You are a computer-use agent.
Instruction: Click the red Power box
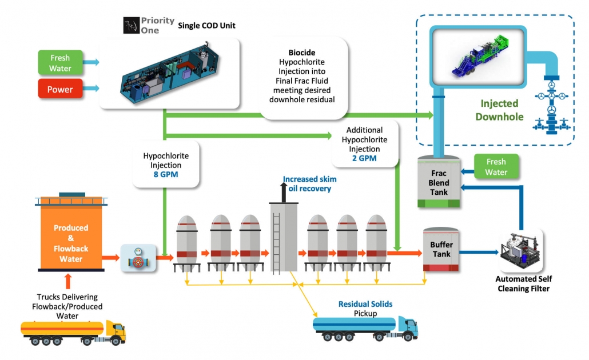click(x=61, y=89)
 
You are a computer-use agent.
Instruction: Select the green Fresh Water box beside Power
click(x=61, y=63)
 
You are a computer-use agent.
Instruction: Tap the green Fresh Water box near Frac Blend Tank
click(x=496, y=167)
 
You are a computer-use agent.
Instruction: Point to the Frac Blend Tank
click(x=439, y=183)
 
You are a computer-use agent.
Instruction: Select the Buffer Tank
click(x=441, y=250)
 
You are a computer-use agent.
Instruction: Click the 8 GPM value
click(x=166, y=175)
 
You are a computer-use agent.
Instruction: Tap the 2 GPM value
click(x=364, y=158)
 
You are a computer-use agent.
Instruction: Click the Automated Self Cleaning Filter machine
click(x=521, y=251)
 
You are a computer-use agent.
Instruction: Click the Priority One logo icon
click(x=131, y=26)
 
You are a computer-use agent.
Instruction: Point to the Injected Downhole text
click(x=499, y=110)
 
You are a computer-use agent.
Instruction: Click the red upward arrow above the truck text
click(x=68, y=281)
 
